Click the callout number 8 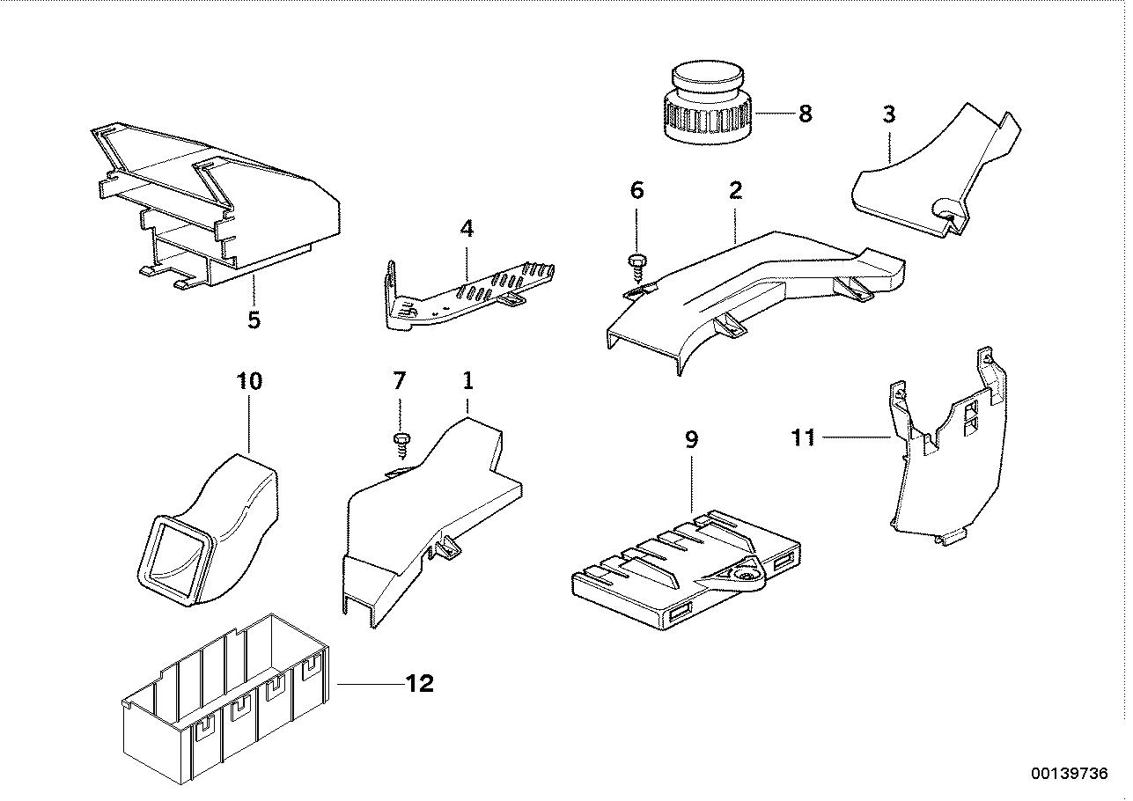(x=805, y=114)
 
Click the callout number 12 (x=420, y=684)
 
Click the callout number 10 (x=249, y=381)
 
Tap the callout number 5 (x=254, y=320)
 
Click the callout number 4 (x=467, y=229)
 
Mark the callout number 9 (x=691, y=438)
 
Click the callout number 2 (x=735, y=190)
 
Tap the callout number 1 (x=467, y=381)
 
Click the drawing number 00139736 (x=1069, y=774)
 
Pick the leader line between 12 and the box (x=370, y=684)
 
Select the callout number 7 (x=399, y=381)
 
